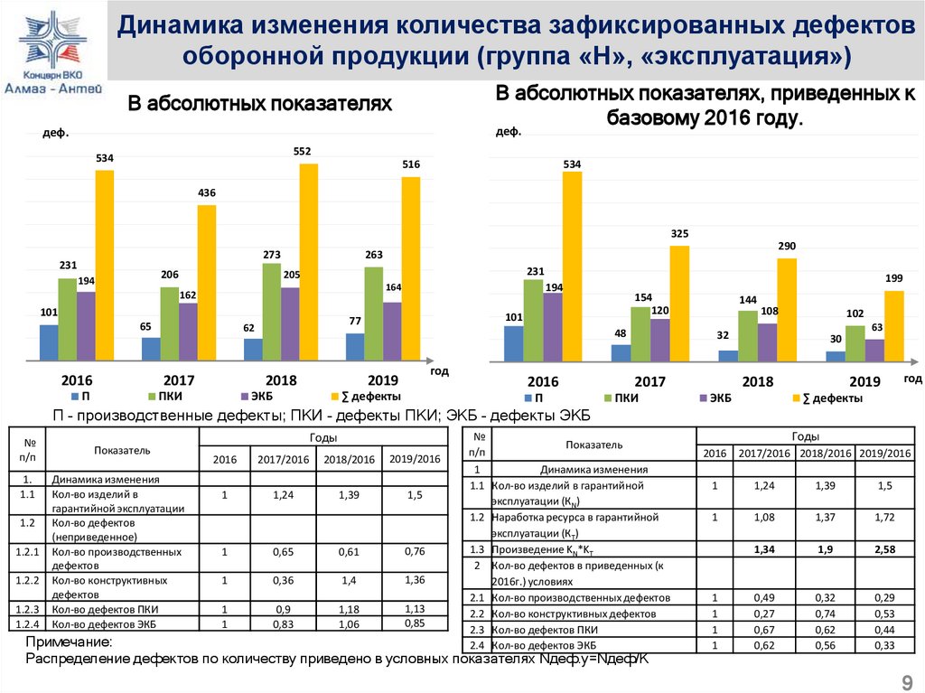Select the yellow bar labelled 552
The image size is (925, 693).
pos(309,262)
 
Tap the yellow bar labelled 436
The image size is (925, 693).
pos(207,283)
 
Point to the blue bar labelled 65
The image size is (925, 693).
pos(151,349)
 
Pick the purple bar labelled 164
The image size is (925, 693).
pos(392,331)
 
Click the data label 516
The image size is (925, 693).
pos(411,164)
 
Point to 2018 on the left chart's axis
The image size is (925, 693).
pos(281,380)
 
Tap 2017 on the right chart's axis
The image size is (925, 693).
pos(650,381)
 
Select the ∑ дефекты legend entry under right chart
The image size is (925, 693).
pos(827,398)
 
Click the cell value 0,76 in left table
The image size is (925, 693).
pos(415,551)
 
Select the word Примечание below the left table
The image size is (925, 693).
pos(69,641)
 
